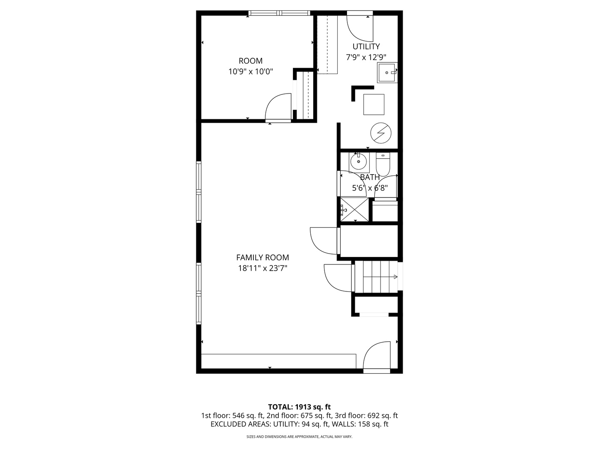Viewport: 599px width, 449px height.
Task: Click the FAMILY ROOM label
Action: pyautogui.click(x=262, y=257)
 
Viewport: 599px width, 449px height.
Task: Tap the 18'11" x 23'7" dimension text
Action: pyautogui.click(x=262, y=268)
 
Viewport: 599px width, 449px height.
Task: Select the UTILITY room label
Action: pyautogui.click(x=366, y=47)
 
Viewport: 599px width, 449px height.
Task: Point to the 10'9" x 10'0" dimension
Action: pyautogui.click(x=250, y=72)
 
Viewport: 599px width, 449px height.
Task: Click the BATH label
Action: pyautogui.click(x=369, y=177)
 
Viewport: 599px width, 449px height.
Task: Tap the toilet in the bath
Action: pyautogui.click(x=383, y=165)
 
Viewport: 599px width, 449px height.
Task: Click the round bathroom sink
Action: pyautogui.click(x=358, y=162)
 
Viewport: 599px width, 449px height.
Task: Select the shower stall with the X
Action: pyautogui.click(x=354, y=210)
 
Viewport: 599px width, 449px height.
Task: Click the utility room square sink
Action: pyautogui.click(x=387, y=73)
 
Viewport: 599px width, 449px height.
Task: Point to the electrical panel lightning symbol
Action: pyautogui.click(x=381, y=133)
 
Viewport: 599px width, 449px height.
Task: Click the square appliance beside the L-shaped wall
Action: pyautogui.click(x=374, y=104)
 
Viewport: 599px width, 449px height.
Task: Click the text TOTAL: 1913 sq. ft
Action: pyautogui.click(x=299, y=407)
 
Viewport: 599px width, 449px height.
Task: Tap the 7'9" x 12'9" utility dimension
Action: pyautogui.click(x=366, y=57)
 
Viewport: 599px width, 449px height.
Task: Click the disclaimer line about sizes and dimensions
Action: pyautogui.click(x=299, y=437)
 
